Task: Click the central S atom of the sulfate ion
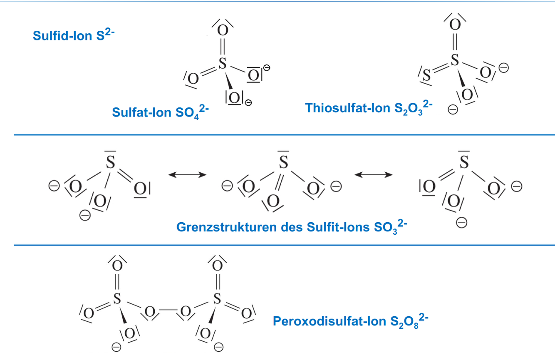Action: (x=222, y=64)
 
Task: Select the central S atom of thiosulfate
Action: (x=455, y=61)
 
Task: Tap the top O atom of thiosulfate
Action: (x=455, y=24)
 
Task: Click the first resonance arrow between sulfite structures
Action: (x=188, y=175)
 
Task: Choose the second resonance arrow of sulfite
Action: (x=373, y=175)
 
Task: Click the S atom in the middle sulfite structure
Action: (x=283, y=162)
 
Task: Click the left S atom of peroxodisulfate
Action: (x=117, y=298)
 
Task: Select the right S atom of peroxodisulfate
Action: (x=217, y=298)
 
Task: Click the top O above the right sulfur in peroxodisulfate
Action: (x=217, y=265)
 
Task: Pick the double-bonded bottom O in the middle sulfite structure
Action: (x=273, y=202)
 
